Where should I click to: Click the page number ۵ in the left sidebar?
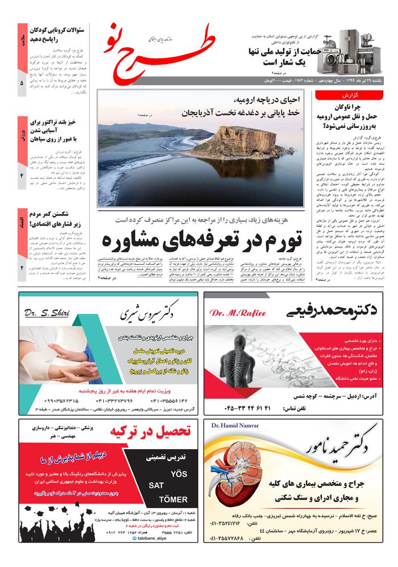point(22,83)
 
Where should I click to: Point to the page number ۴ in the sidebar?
point(22,176)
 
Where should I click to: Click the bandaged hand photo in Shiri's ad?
point(57,360)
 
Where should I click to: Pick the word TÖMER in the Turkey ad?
point(173,499)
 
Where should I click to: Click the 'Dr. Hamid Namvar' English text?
point(234,425)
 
